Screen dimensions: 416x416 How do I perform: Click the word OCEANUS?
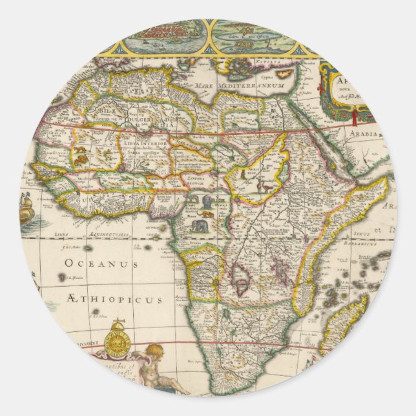(x=101, y=264)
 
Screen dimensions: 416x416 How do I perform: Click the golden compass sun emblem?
(x=118, y=340)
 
